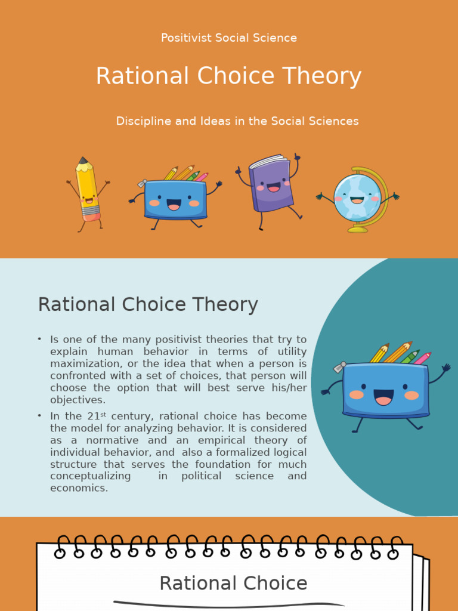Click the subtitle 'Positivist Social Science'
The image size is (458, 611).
click(229, 38)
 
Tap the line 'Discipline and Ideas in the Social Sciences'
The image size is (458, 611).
click(237, 121)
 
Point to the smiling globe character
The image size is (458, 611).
click(357, 198)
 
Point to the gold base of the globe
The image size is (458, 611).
click(358, 229)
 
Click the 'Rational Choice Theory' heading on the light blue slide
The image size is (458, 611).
click(148, 304)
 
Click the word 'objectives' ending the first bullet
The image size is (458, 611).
click(77, 400)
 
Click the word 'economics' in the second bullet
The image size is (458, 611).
click(78, 487)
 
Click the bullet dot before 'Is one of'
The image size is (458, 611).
click(39, 339)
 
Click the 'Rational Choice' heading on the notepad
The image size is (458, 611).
click(233, 583)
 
